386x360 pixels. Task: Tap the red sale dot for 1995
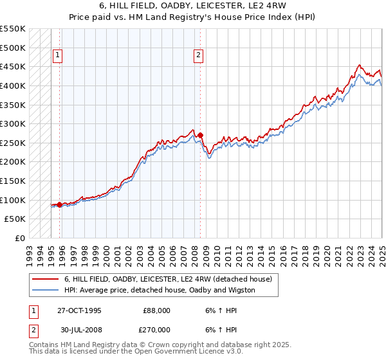click(60, 204)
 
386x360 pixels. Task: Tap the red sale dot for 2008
click(201, 136)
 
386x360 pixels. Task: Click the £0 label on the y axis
click(19, 238)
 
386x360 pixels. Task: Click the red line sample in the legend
click(46, 279)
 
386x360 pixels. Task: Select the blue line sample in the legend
click(46, 290)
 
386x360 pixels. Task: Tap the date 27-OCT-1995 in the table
click(79, 310)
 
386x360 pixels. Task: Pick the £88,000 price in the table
click(156, 310)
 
